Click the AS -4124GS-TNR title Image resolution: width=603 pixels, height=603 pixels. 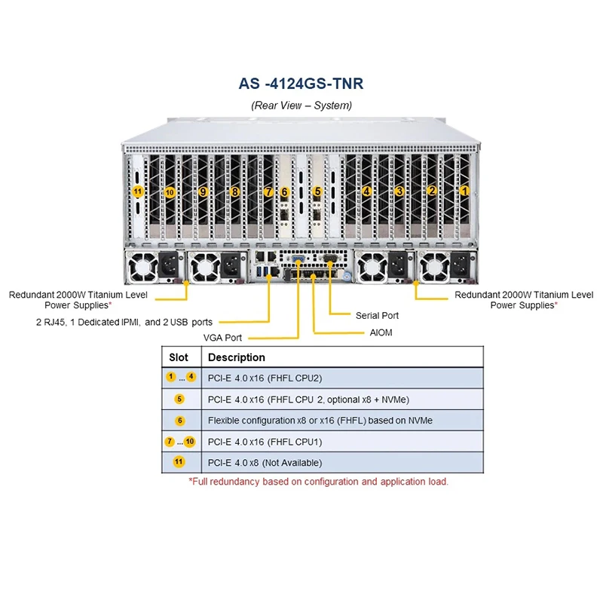[301, 84]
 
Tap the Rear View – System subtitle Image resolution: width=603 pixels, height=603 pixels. [301, 106]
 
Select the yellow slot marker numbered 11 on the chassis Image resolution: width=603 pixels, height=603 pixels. [137, 191]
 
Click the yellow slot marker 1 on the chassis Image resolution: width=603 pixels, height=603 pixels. [464, 191]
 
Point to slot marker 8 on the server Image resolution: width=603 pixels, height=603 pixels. [234, 191]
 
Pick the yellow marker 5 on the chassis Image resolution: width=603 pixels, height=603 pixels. [317, 191]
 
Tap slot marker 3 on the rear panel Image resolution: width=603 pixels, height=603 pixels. [399, 191]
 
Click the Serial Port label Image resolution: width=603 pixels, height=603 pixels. [377, 316]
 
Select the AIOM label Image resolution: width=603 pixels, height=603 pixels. [381, 332]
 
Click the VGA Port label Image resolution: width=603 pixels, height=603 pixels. [222, 338]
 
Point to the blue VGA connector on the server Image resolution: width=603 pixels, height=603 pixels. [298, 259]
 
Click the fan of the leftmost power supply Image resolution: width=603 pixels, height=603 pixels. [142, 266]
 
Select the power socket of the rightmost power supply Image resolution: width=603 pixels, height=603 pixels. [461, 265]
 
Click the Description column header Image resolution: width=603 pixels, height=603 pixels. [237, 357]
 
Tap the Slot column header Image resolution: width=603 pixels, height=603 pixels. [179, 357]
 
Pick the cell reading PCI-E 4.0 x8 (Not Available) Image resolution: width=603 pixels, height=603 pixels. [265, 463]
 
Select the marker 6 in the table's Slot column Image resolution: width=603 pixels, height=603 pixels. [179, 421]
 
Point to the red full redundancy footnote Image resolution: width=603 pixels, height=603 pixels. [318, 482]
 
